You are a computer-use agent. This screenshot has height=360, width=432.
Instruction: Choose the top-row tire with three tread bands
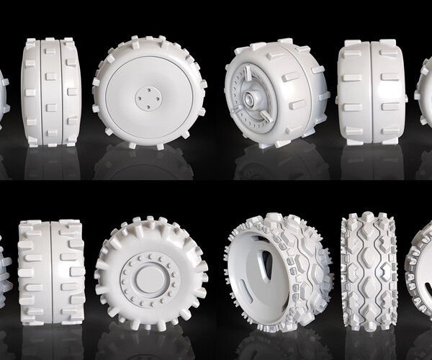pyautogui.click(x=50, y=91)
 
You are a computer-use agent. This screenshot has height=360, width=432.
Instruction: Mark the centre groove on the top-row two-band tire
pyautogui.click(x=369, y=92)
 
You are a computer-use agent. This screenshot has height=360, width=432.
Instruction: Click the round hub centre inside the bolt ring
pyautogui.click(x=149, y=278)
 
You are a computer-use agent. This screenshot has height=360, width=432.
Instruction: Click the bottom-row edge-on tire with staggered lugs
pyautogui.click(x=51, y=271)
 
